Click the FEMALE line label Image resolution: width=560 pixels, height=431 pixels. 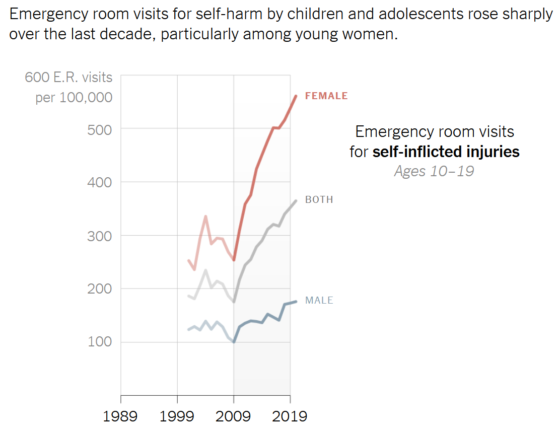[326, 96]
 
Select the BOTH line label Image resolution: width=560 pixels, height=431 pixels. [319, 199]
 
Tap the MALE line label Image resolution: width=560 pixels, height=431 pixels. [319, 300]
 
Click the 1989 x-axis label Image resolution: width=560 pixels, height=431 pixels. [121, 416]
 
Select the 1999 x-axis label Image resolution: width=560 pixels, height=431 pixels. [177, 416]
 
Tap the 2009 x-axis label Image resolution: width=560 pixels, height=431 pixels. [234, 416]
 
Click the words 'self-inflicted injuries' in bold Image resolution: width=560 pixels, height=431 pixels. [446, 152]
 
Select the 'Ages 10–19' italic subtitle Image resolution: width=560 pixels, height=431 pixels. [434, 171]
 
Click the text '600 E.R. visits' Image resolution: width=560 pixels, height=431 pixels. [69, 78]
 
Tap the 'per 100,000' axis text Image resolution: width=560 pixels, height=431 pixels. [74, 97]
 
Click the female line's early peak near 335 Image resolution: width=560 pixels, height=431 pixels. [205, 217]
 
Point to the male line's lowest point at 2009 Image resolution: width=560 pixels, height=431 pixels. [234, 342]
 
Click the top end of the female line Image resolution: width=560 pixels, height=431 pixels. [296, 96]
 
